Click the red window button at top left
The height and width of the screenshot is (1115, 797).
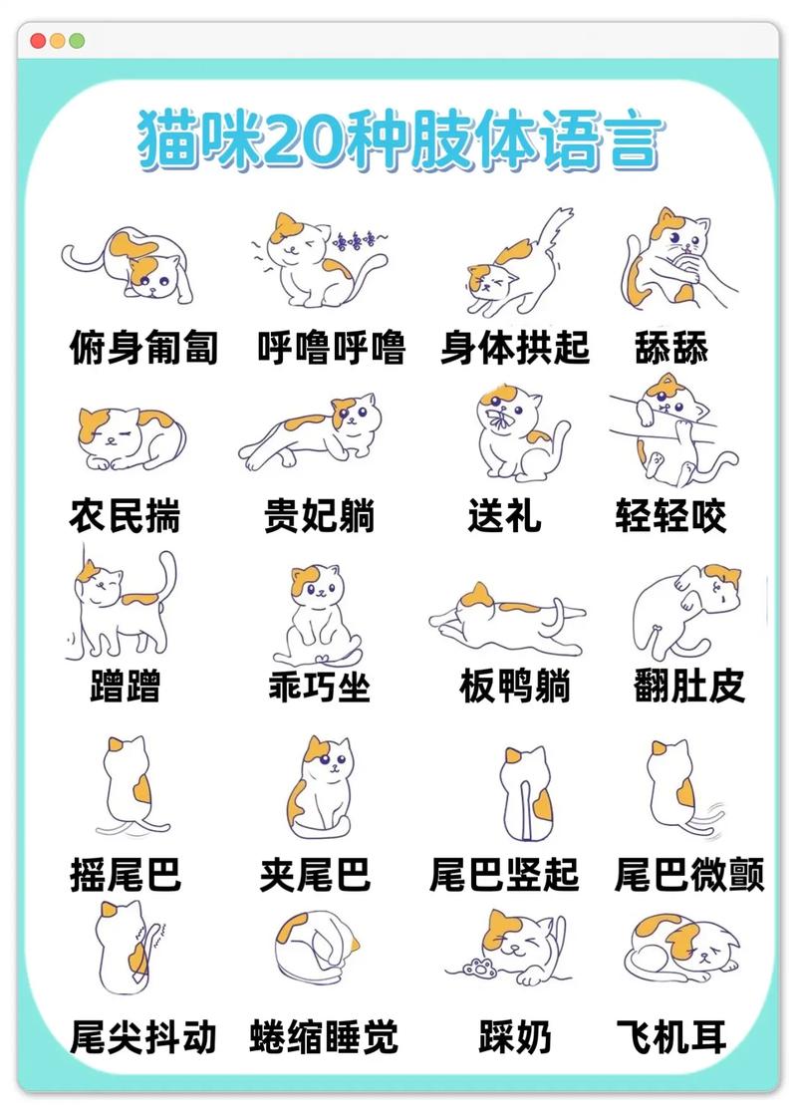coord(38,41)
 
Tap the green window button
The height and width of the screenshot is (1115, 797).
coord(77,41)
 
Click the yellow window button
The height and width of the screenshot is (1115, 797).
coord(58,41)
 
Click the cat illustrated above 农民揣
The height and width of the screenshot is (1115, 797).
coord(131,437)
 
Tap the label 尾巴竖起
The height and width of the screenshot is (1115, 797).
coord(504,874)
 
